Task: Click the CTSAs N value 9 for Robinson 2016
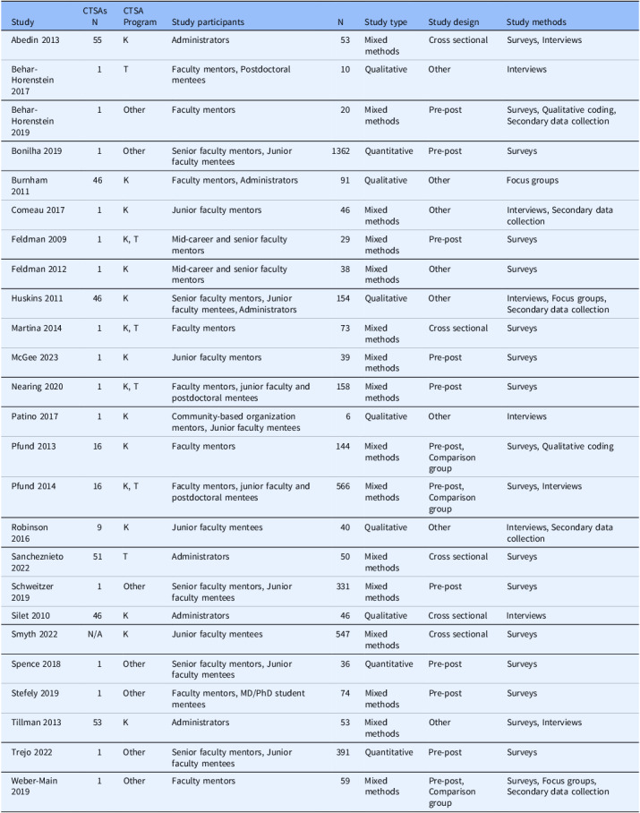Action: (x=98, y=527)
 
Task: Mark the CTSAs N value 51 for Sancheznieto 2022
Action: (x=98, y=556)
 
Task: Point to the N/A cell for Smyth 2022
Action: (x=98, y=633)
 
